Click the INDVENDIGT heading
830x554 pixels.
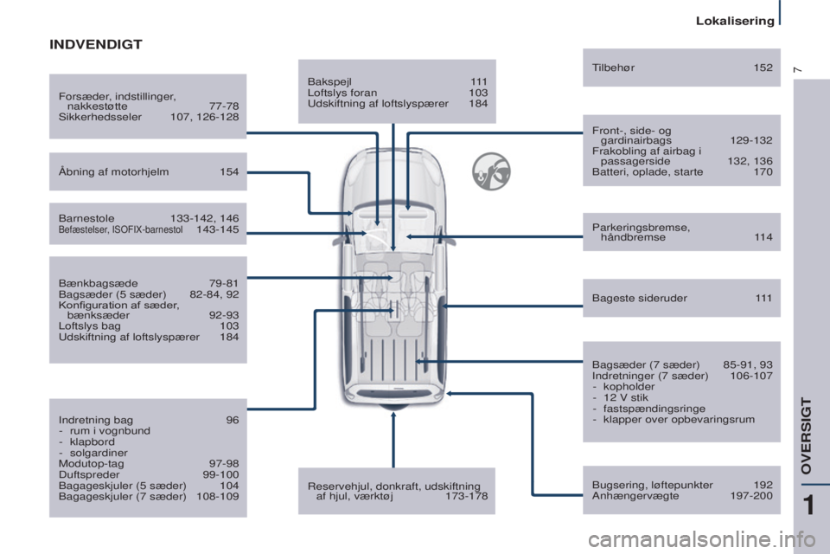coord(95,44)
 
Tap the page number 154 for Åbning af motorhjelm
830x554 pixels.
coord(229,171)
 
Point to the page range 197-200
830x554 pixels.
coord(751,496)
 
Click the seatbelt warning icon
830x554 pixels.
coord(491,171)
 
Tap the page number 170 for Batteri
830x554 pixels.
coord(763,171)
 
